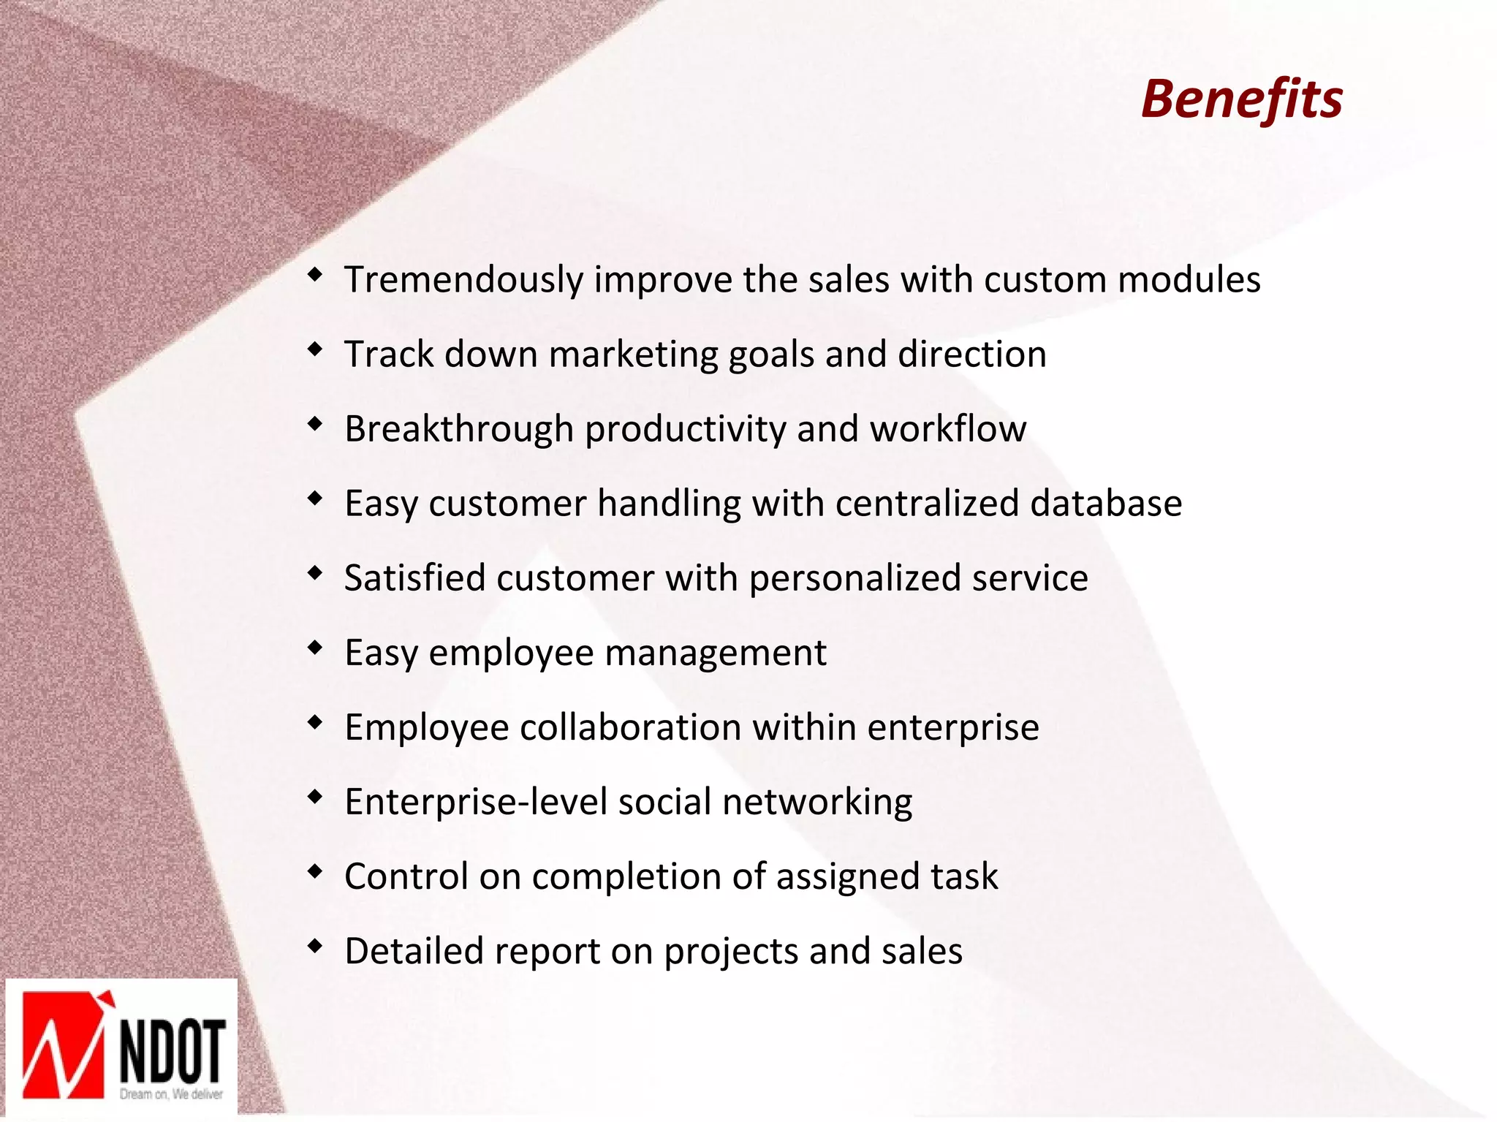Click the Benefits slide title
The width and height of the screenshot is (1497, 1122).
coord(1241,99)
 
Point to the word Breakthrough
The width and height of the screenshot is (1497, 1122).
coord(458,430)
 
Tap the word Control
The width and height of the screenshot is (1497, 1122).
coord(406,876)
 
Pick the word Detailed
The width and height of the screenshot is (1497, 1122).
coord(414,952)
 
